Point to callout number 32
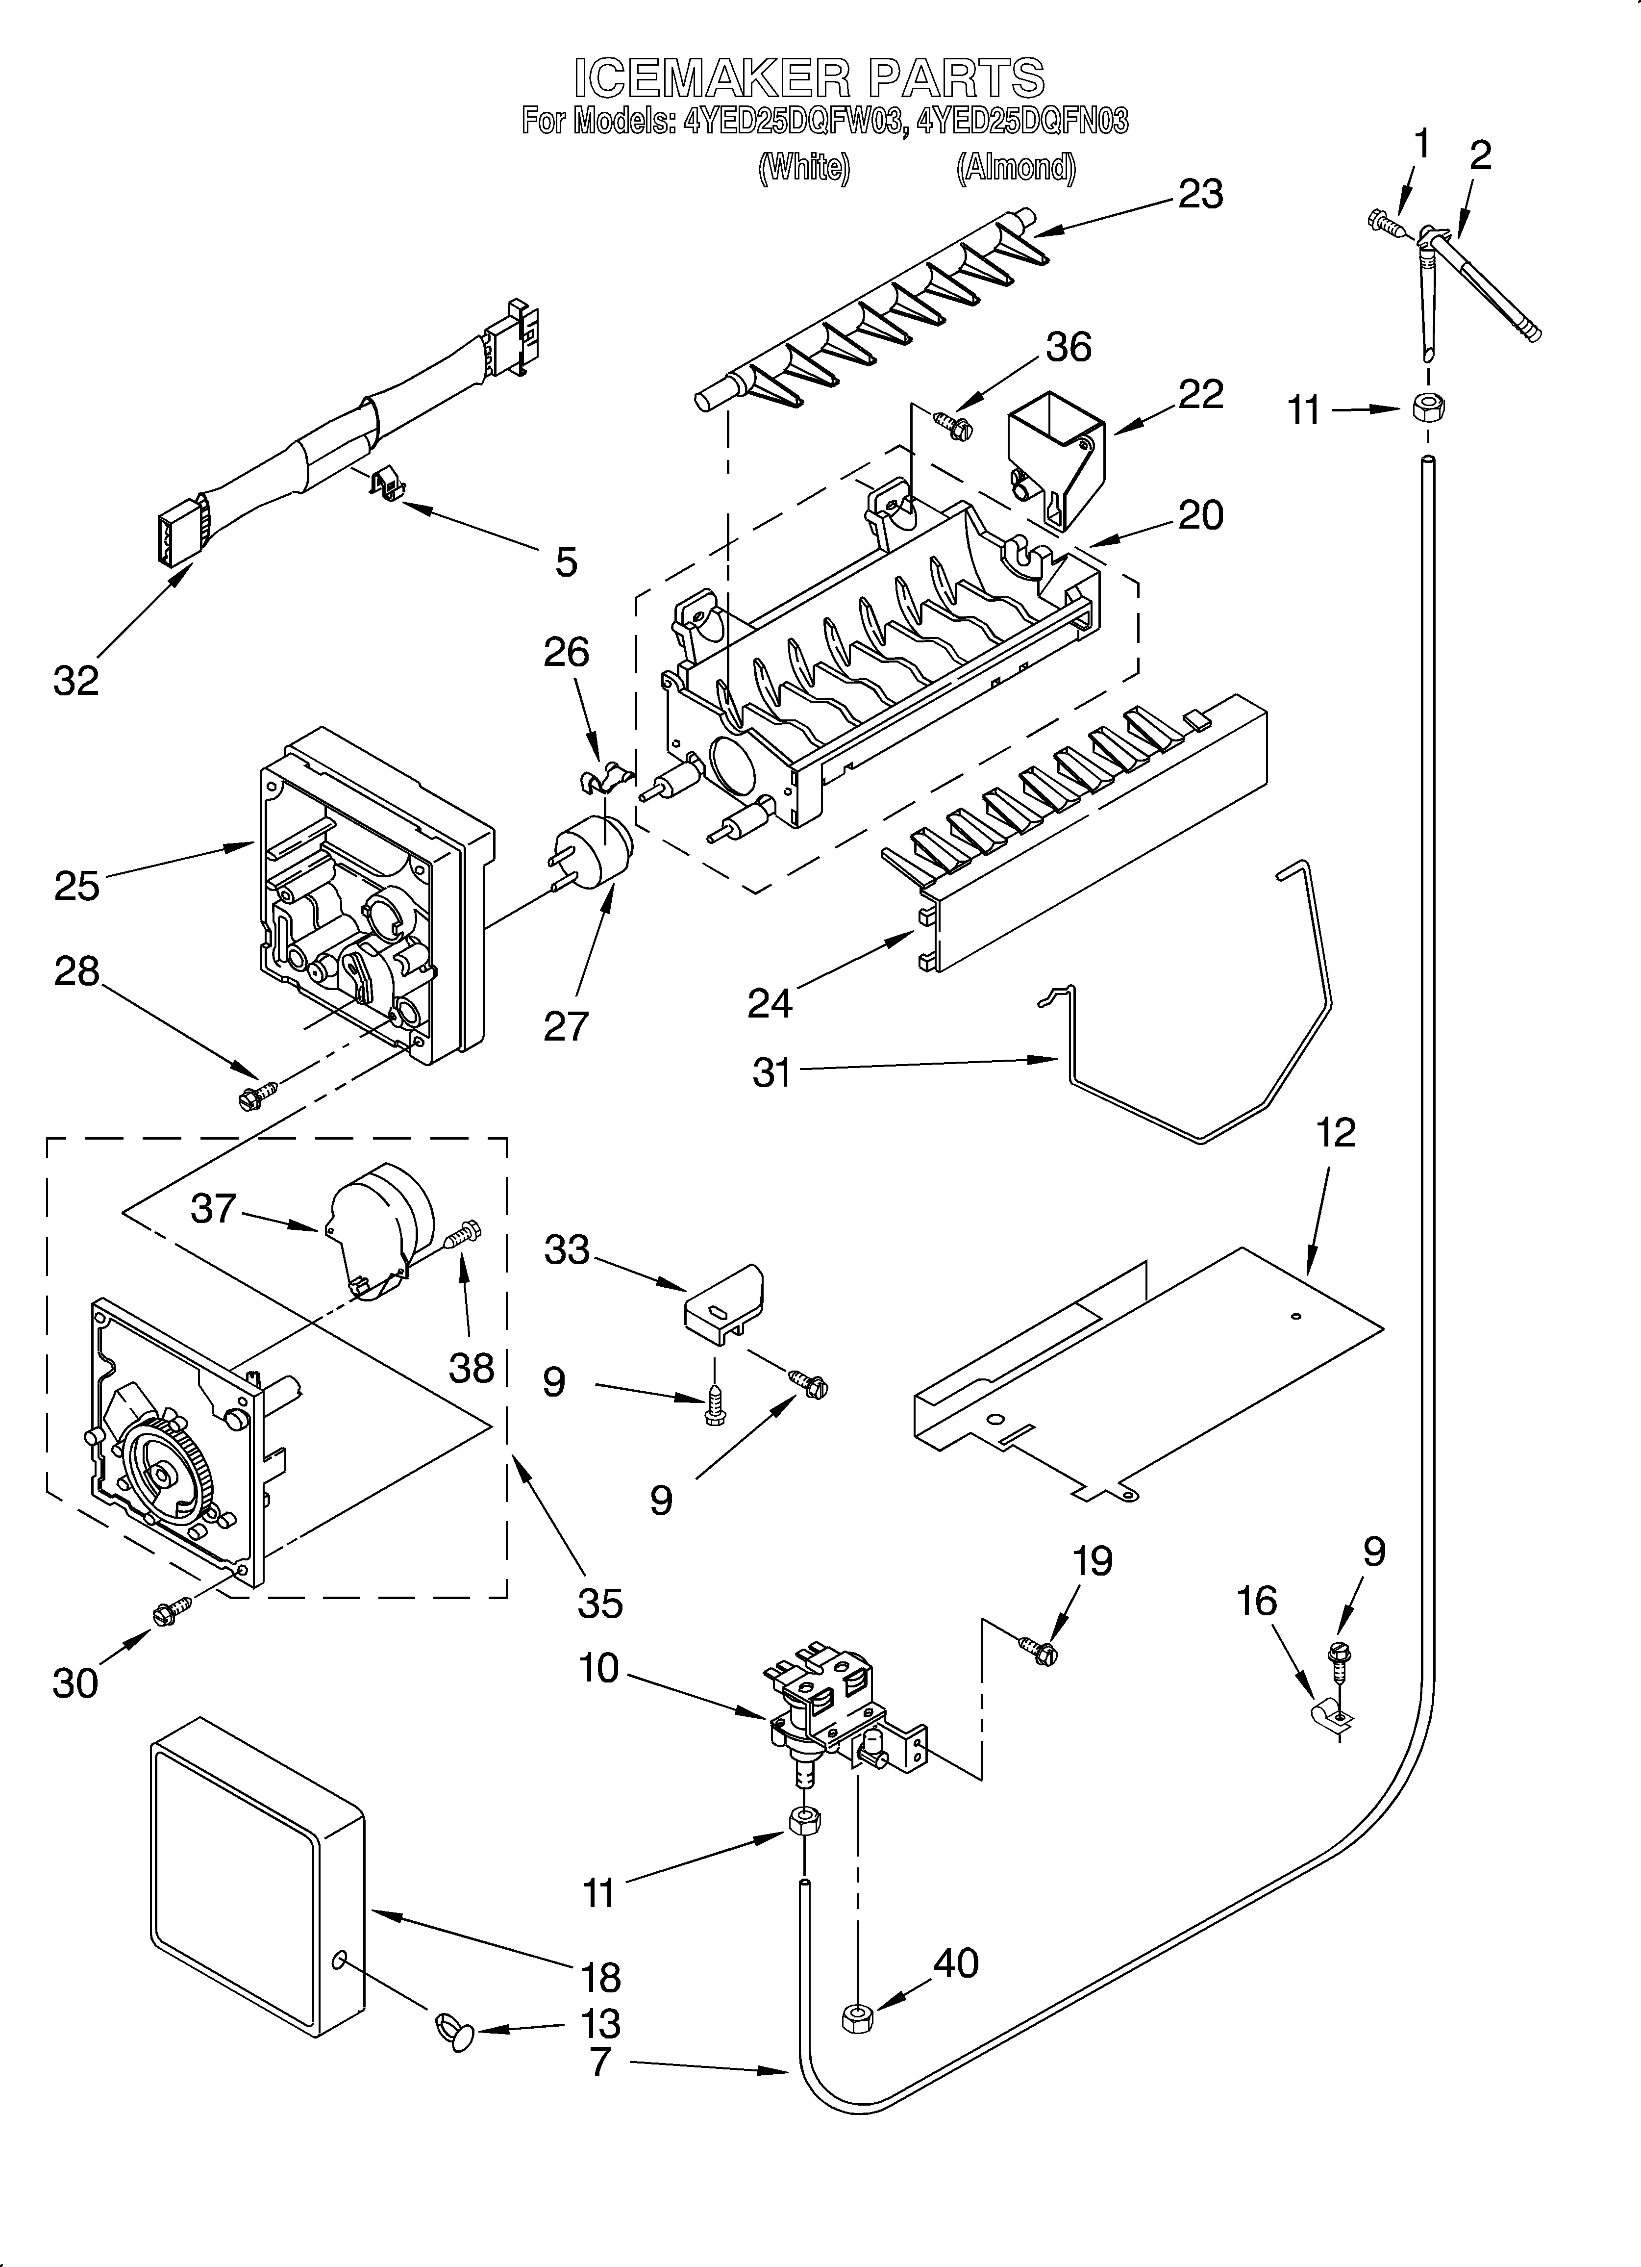click(x=76, y=681)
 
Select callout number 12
click(x=1336, y=1132)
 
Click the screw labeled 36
click(x=952, y=425)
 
